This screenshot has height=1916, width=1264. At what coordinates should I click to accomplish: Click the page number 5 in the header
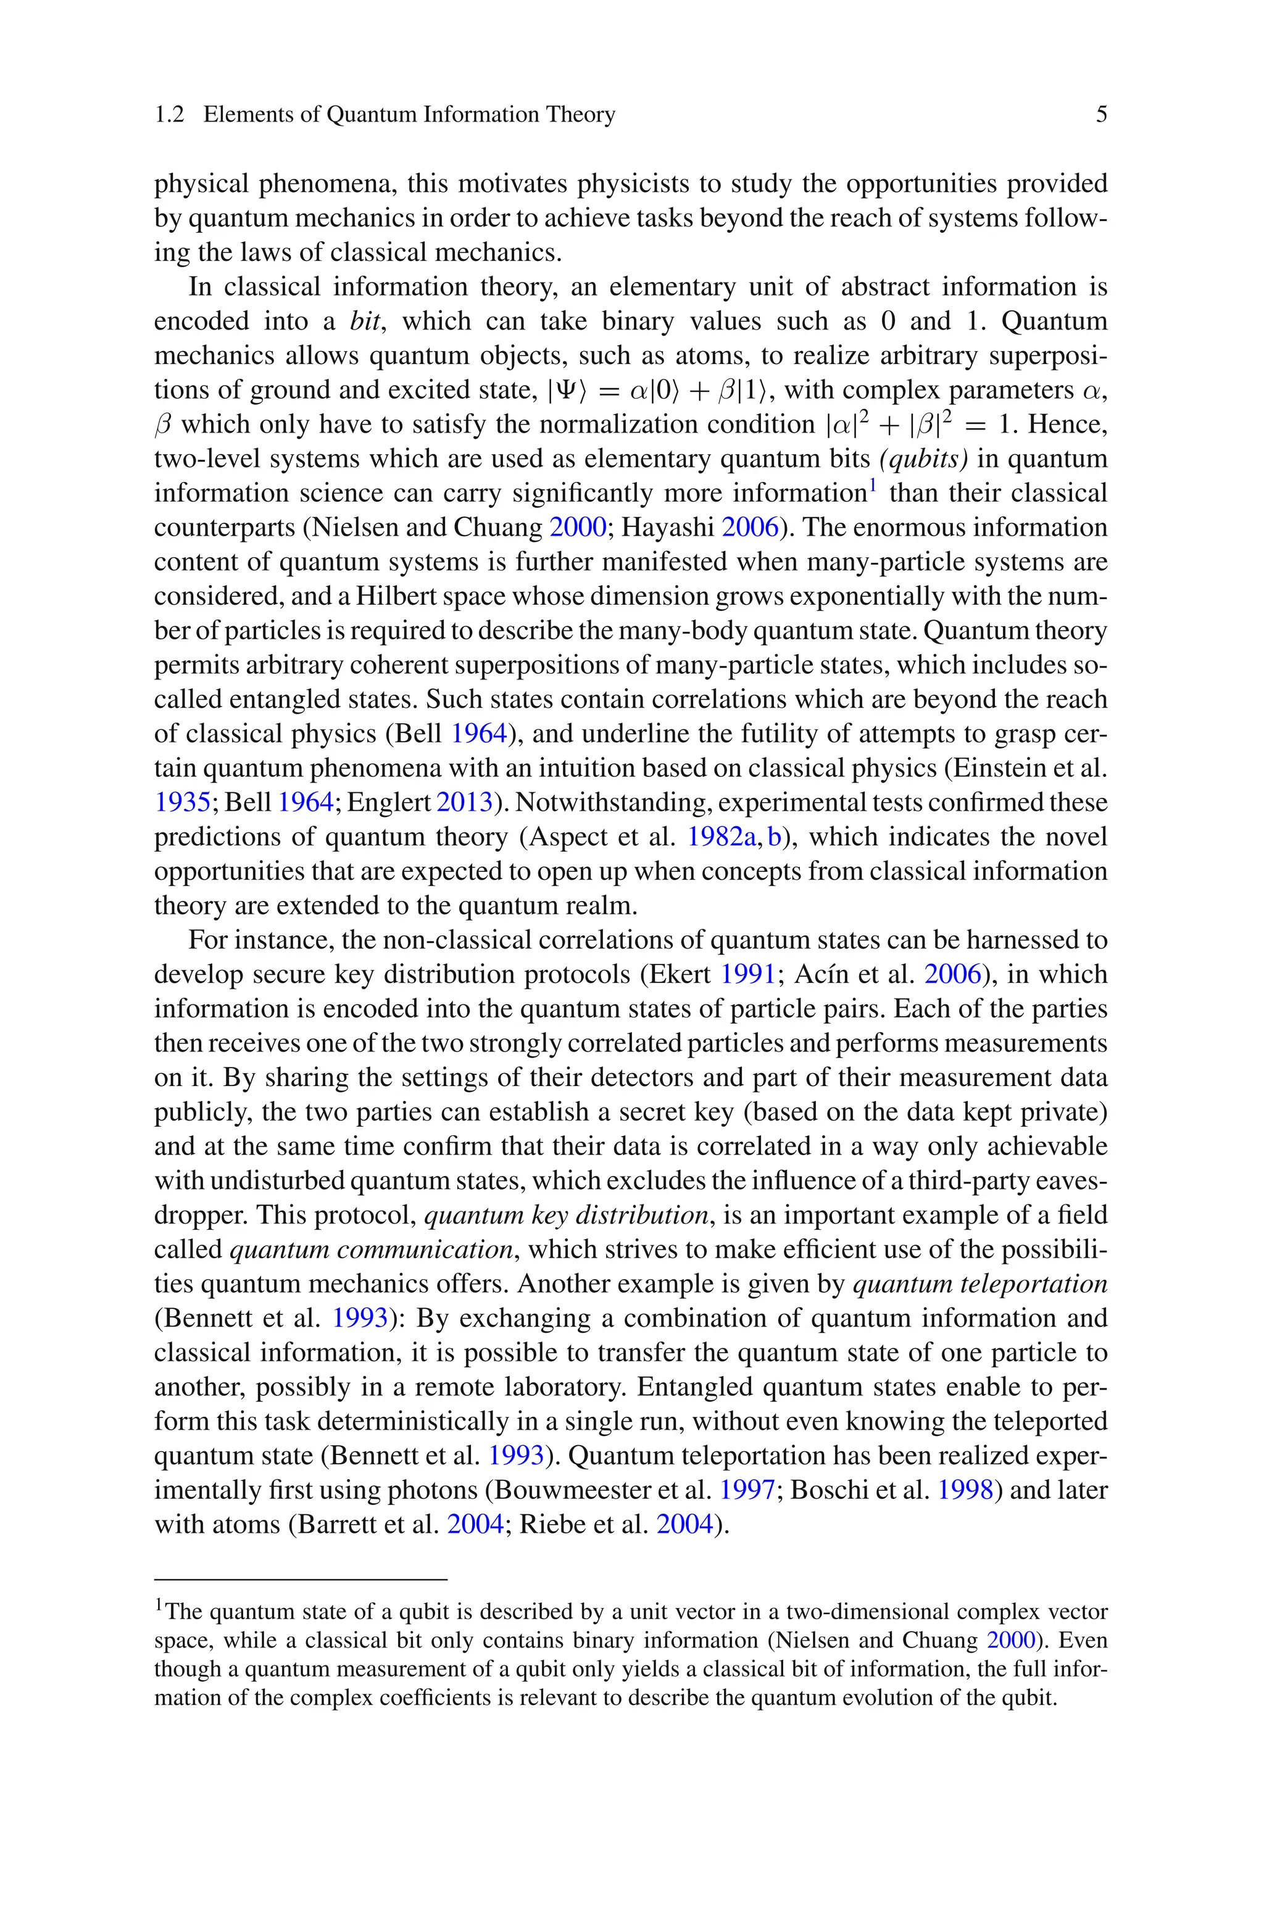coord(1101,114)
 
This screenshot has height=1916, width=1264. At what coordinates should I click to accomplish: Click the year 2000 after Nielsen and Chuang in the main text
coord(577,528)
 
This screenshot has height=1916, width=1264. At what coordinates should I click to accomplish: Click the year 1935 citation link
coord(182,802)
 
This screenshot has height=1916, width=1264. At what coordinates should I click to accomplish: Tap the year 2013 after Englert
coord(464,802)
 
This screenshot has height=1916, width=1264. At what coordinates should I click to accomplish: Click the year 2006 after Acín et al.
coord(953,975)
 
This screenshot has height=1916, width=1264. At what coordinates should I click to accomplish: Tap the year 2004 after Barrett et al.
coord(475,1524)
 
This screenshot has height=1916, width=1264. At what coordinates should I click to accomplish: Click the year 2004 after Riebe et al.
coord(685,1524)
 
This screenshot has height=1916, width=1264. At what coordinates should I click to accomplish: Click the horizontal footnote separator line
coord(300,1580)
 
